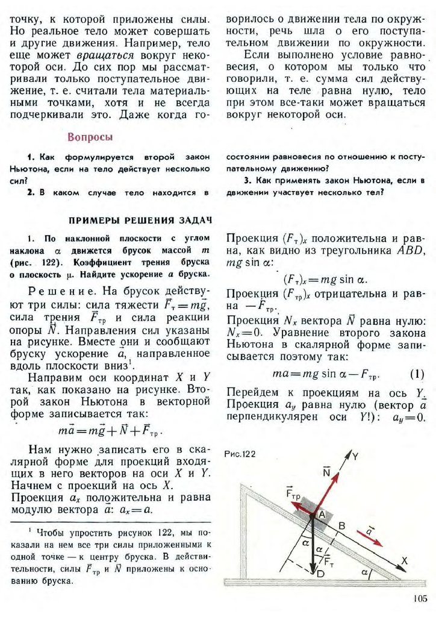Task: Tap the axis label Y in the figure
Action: tap(355, 457)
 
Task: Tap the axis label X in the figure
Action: tap(404, 560)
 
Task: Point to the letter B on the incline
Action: tap(341, 525)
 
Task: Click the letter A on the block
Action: tap(321, 514)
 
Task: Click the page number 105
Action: tap(419, 598)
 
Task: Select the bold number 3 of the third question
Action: tap(247, 181)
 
